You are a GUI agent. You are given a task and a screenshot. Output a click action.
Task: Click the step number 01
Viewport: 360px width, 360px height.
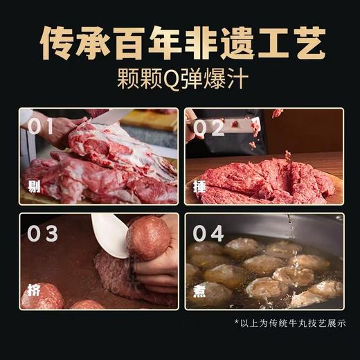42,127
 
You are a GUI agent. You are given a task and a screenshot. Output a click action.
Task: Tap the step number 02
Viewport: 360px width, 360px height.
209,127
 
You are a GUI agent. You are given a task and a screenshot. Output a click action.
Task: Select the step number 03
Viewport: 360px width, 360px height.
42,233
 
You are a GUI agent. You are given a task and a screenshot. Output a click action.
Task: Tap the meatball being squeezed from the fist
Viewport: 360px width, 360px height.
147,237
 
